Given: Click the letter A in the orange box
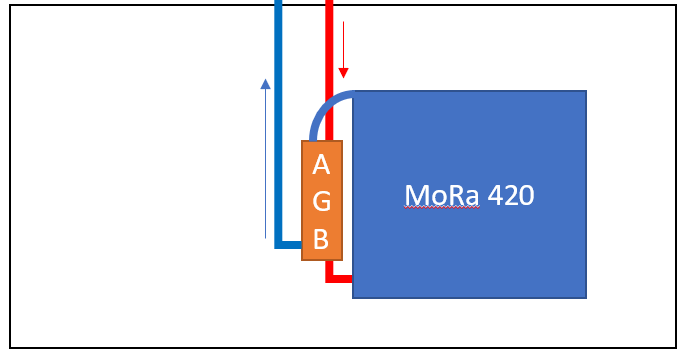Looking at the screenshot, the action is [x=321, y=164].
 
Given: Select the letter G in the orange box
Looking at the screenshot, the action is [x=321, y=201].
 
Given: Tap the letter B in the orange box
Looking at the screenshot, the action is [x=321, y=239].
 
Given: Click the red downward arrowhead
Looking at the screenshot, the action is [x=344, y=72].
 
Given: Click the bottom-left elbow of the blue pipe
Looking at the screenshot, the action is [x=278, y=244].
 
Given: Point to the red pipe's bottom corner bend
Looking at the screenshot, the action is [x=330, y=278].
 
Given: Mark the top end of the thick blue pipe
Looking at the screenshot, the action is [x=278, y=4].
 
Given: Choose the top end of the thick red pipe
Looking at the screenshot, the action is [x=329, y=4].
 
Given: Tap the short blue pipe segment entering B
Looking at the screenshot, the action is [x=290, y=244].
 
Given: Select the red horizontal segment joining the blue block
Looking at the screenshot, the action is [x=342, y=278].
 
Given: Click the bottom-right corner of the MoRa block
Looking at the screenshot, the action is [x=585, y=297].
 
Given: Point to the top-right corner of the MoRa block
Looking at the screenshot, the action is [x=585, y=92].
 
